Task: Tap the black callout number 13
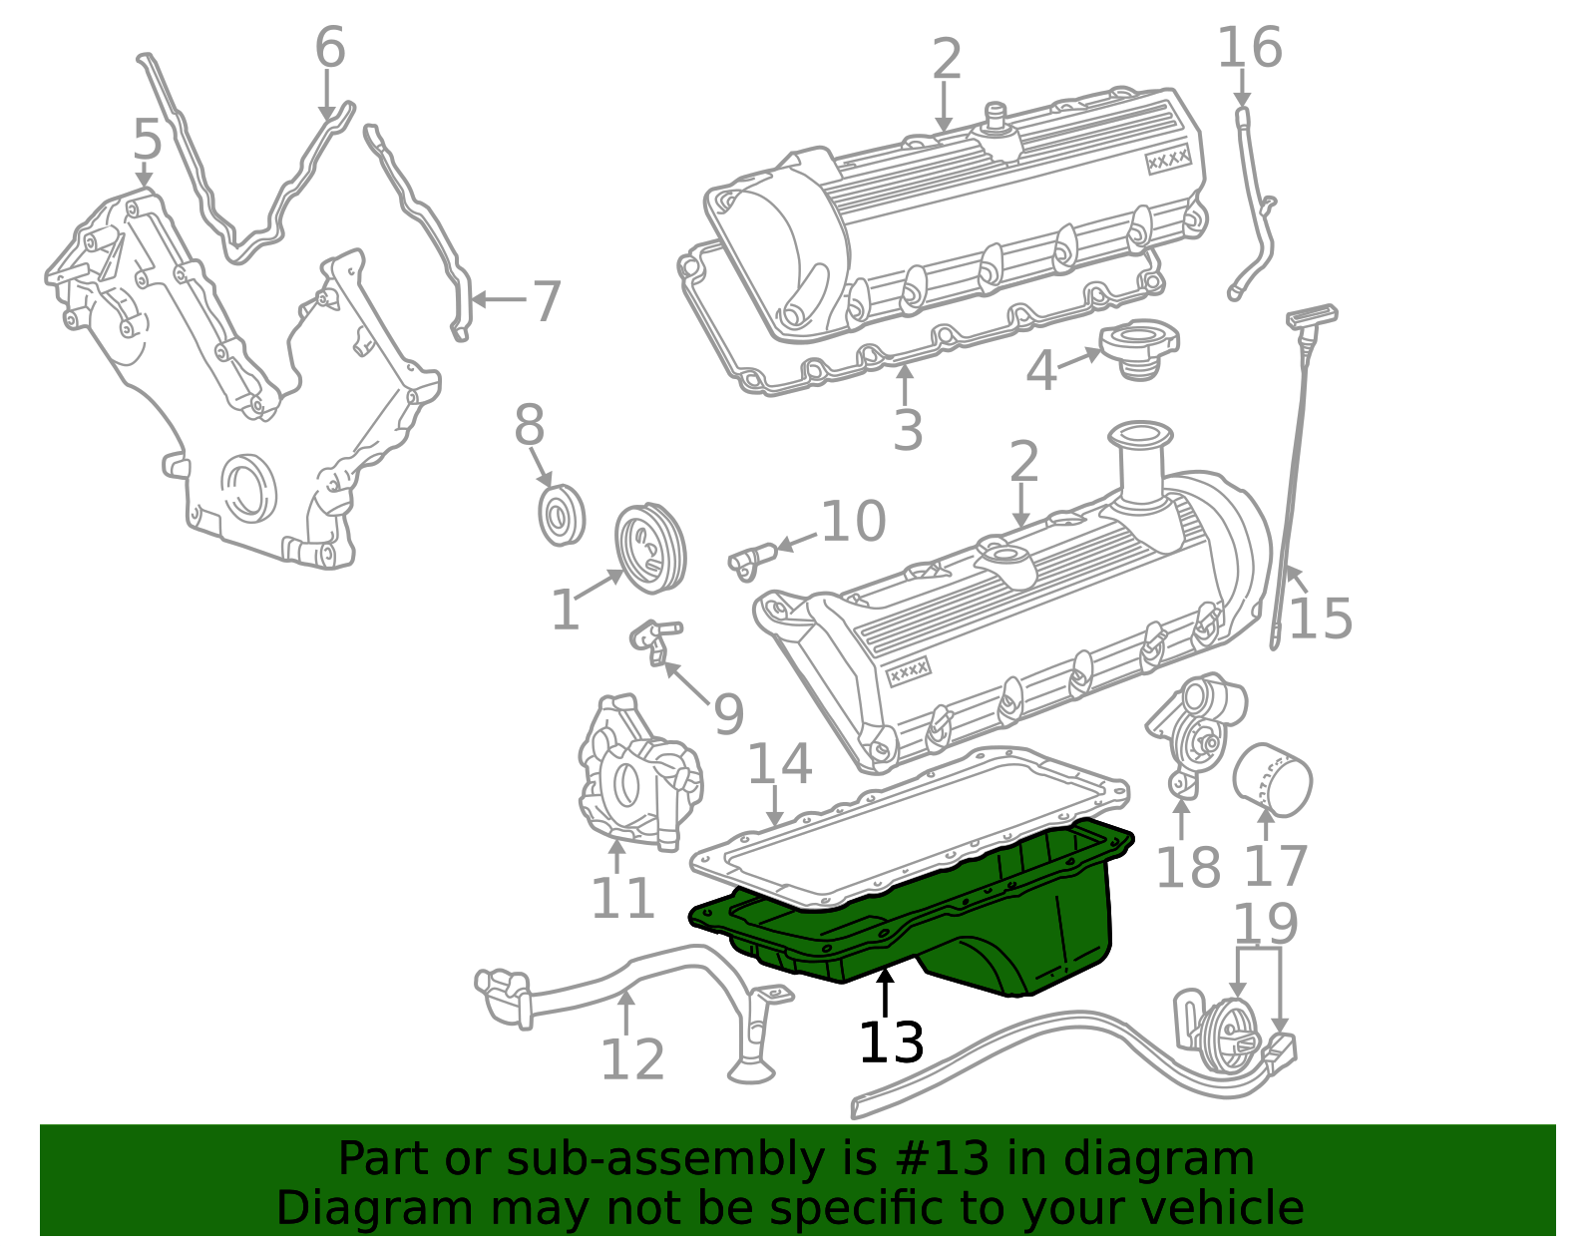(x=891, y=1043)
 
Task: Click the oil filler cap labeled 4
(x=1138, y=348)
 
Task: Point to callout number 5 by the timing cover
(x=147, y=140)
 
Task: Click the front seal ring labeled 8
(x=561, y=517)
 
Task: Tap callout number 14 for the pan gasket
(x=779, y=764)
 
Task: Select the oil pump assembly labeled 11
(x=638, y=773)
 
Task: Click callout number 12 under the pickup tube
(x=631, y=1059)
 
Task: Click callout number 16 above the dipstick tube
(x=1249, y=48)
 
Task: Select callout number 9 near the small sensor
(x=728, y=714)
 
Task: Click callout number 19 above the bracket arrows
(x=1265, y=925)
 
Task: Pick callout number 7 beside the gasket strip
(x=546, y=301)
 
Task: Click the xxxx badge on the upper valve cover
(x=1168, y=160)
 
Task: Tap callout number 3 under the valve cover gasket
(x=907, y=431)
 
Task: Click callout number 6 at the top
(x=329, y=48)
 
